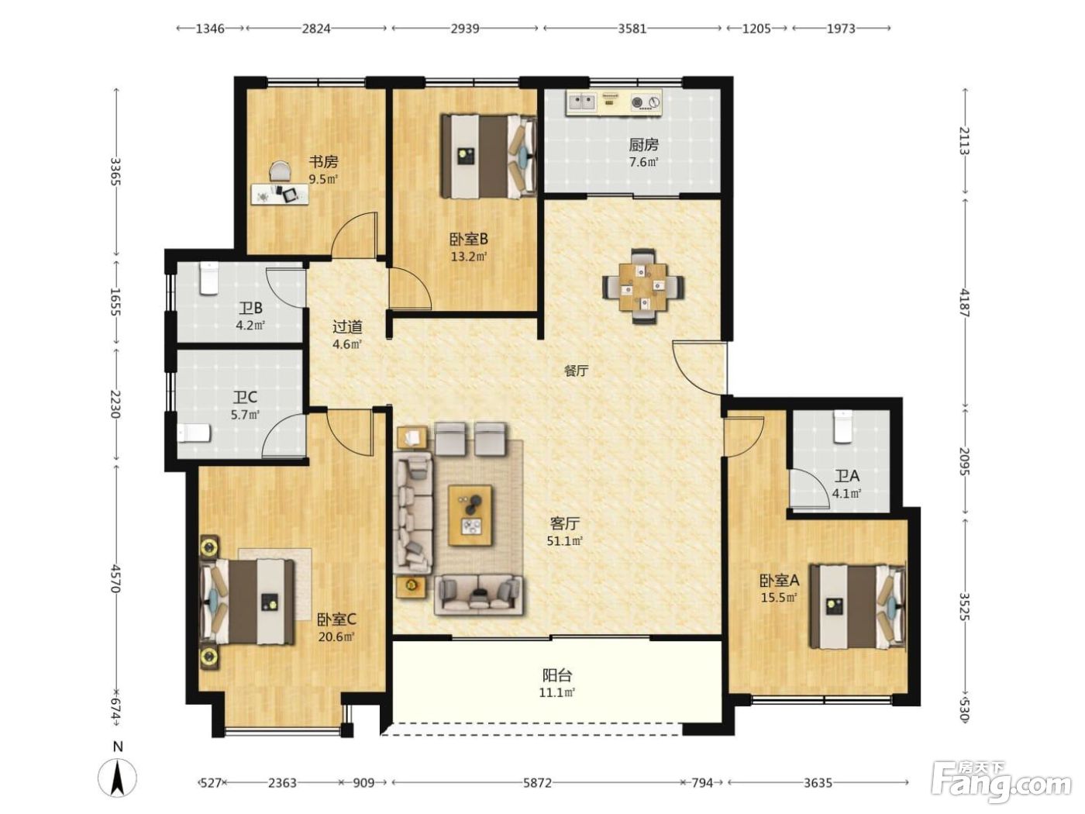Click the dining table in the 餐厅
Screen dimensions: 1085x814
coord(643,286)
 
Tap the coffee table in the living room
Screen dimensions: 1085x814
coord(470,515)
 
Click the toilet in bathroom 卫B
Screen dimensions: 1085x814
coord(208,279)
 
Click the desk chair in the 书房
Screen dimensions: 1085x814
coord(281,172)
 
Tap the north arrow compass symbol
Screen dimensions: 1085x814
coord(118,779)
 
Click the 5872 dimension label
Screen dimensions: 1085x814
coord(537,782)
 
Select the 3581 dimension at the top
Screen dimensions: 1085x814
coord(632,29)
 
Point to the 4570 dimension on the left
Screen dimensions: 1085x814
coord(115,578)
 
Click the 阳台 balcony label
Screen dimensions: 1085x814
coord(557,674)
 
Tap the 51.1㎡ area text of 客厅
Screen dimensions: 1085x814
coord(564,540)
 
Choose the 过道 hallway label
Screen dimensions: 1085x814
coord(347,326)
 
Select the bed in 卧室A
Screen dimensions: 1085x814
coord(858,606)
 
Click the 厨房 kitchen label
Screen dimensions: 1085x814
coord(643,145)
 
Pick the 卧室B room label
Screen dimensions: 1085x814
coord(469,240)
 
